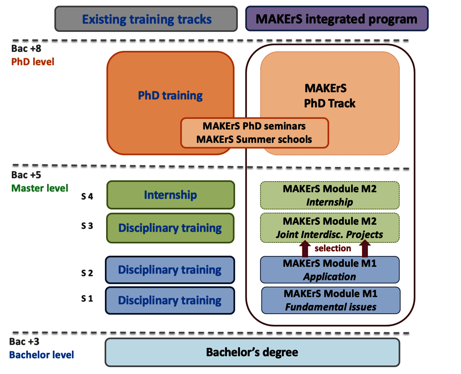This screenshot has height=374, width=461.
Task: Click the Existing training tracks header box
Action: coord(146,19)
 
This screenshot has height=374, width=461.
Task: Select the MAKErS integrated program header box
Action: coord(336,19)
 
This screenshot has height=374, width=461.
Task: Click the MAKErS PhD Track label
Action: coord(329,96)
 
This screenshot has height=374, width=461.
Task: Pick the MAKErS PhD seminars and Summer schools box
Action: coord(254,133)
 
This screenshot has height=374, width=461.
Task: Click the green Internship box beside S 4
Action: coord(171,195)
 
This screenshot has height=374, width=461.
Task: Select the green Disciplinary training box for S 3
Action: coord(171,228)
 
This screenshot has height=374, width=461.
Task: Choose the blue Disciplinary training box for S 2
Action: coord(170,270)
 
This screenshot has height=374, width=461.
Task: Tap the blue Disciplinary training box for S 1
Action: coord(170,301)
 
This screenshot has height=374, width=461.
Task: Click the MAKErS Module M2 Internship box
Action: coord(330,195)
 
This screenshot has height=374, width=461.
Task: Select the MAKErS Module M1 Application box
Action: coord(330,270)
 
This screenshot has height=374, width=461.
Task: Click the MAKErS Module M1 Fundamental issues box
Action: coord(331,300)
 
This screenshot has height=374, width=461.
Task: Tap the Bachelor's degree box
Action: coord(252,352)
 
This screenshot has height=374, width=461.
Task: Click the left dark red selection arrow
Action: coord(304,249)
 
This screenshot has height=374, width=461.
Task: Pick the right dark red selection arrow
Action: coord(365,249)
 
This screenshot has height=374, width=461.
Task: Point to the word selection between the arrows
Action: coord(333,248)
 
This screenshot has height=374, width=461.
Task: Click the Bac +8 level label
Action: coord(26,49)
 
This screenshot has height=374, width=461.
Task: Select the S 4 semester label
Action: coord(87,196)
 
